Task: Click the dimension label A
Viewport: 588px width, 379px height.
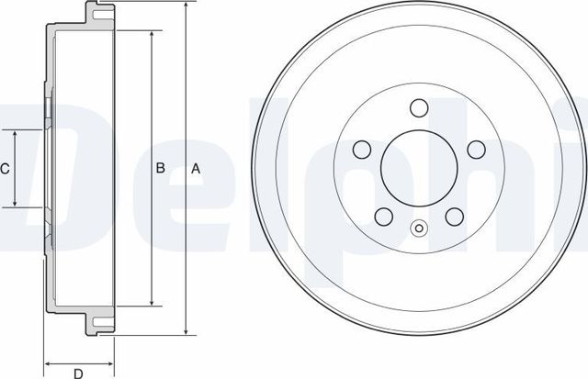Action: pyautogui.click(x=194, y=169)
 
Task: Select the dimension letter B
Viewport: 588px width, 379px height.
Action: pyautogui.click(x=160, y=169)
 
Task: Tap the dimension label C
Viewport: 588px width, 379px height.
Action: pyautogui.click(x=6, y=169)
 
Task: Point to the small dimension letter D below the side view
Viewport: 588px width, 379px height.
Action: pyautogui.click(x=78, y=373)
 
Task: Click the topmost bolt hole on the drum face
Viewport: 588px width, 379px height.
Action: pyautogui.click(x=419, y=107)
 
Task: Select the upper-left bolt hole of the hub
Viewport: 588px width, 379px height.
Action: pyautogui.click(x=361, y=149)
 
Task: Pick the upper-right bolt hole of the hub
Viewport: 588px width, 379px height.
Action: pyautogui.click(x=476, y=149)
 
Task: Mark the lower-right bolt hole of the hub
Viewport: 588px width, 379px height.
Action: pyautogui.click(x=455, y=217)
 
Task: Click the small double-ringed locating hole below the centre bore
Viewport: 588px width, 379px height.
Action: pyautogui.click(x=419, y=229)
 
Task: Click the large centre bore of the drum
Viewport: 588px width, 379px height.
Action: pyautogui.click(x=419, y=169)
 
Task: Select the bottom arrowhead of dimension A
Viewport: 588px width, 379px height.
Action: pyautogui.click(x=187, y=331)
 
